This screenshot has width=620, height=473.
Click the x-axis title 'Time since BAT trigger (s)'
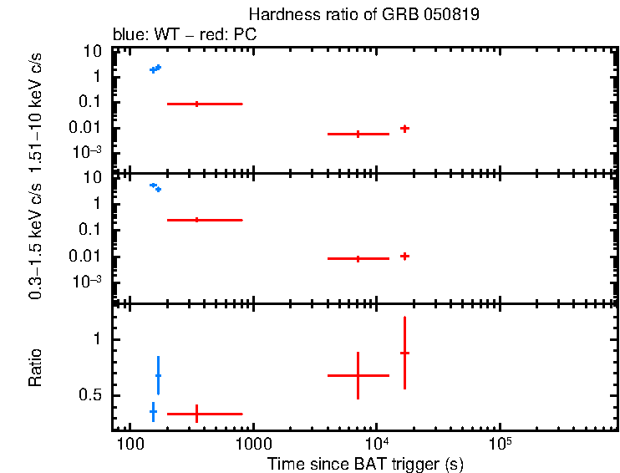pos(365,464)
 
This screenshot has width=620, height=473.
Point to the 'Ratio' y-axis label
pos(36,369)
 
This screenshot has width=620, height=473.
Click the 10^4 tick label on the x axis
pos(377,444)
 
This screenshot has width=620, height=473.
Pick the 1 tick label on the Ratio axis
pos(98,339)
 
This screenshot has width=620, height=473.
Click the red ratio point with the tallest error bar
pos(404,353)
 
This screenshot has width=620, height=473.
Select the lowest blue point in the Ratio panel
pos(153,411)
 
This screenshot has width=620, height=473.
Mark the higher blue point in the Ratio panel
pos(158,376)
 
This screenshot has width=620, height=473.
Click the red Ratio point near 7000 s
pos(358,375)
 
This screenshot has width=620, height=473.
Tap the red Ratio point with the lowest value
pos(196,413)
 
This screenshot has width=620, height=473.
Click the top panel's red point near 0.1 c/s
pos(196,104)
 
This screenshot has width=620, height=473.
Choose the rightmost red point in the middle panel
pos(404,256)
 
